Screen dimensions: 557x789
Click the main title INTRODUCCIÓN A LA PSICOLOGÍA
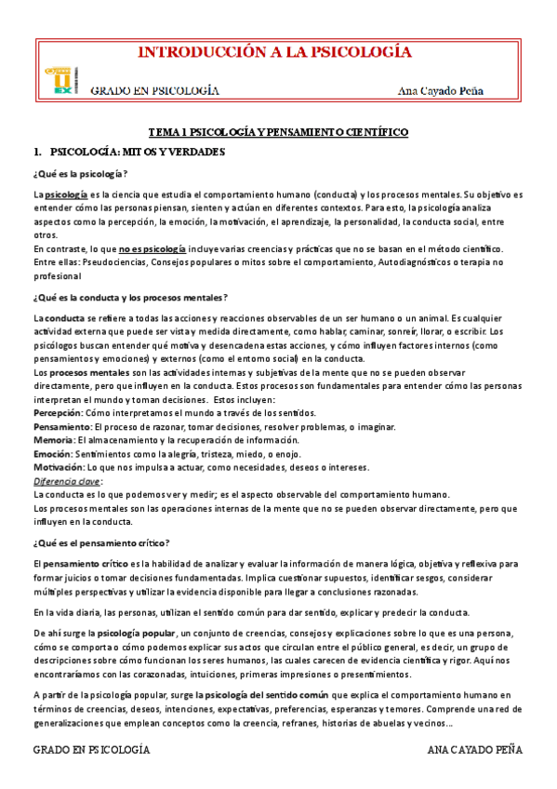click(274, 52)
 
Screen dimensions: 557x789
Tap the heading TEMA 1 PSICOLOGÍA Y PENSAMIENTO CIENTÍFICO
click(279, 133)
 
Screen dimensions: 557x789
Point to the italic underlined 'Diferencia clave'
click(67, 481)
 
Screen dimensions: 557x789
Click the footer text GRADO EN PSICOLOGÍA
click(91, 749)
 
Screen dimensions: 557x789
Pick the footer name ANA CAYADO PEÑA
click(475, 749)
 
